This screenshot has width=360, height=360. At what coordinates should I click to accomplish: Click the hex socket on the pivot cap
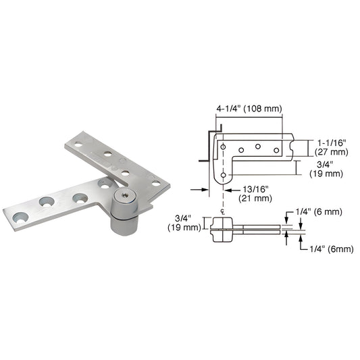(x=126, y=197)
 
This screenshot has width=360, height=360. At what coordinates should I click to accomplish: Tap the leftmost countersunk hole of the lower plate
(x=19, y=217)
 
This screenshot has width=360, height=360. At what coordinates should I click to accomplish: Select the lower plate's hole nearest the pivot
(x=105, y=184)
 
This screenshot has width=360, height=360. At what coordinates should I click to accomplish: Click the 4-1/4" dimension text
(x=230, y=107)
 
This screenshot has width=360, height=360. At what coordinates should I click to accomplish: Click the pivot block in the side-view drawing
(x=222, y=225)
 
